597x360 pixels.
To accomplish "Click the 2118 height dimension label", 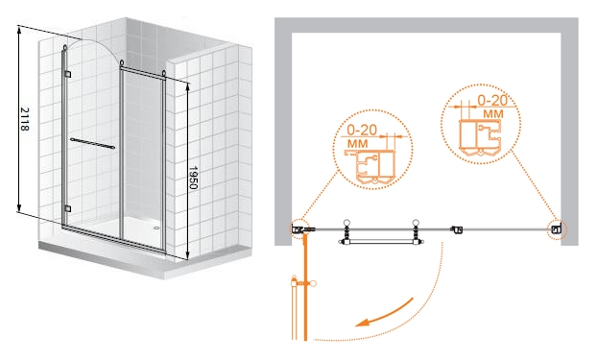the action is (x=24, y=119).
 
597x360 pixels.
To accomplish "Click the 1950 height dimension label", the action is (x=194, y=178).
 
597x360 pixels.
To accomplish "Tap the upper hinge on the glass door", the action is (x=68, y=74).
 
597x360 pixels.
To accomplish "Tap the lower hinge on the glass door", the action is (x=68, y=208).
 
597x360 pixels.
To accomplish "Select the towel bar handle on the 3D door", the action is (x=92, y=144).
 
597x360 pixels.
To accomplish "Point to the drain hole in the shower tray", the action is (x=156, y=228).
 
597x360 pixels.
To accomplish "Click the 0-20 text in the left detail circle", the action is (x=362, y=130).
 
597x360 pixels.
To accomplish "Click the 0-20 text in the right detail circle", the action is (x=492, y=100).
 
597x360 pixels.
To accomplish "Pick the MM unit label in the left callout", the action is (x=358, y=144).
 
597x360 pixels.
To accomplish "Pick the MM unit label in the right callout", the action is (x=493, y=113).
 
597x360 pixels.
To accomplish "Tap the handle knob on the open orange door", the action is (x=313, y=283).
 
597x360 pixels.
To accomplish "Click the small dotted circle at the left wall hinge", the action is (x=299, y=229).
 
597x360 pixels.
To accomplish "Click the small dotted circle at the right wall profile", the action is (x=558, y=229).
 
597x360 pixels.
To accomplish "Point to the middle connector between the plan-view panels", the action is (x=457, y=229).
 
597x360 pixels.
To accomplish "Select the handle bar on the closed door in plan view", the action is (x=381, y=242).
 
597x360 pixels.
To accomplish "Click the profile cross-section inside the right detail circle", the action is (x=480, y=138).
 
